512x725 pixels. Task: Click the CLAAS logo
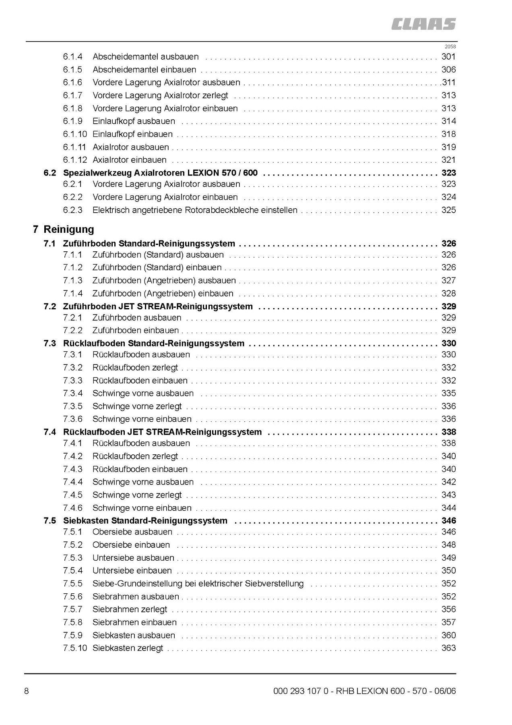coord(424,24)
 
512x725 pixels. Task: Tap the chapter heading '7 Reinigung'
coord(64,229)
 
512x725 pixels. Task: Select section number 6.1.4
coord(72,57)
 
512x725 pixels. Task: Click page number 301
coord(448,57)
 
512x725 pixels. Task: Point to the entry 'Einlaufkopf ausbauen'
coord(134,121)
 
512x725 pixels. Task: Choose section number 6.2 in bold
coord(50,173)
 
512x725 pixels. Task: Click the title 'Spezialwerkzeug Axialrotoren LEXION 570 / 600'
coord(160,173)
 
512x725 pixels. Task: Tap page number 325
coord(448,210)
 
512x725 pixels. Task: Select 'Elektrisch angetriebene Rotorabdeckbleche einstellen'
coord(195,210)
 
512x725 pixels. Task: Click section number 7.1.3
coord(72,280)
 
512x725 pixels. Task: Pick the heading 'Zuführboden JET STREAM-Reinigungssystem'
coord(158,307)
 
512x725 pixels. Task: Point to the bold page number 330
coord(448,343)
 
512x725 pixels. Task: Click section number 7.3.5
coord(72,406)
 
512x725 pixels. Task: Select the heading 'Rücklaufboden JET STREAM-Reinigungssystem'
coord(162,432)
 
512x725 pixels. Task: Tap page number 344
coord(448,508)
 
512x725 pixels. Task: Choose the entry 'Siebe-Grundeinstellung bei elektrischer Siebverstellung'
coord(198,584)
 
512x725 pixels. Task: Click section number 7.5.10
coord(75,648)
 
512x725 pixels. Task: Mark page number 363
coord(448,648)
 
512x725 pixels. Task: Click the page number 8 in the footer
coord(27,691)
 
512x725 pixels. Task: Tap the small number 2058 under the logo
coord(450,46)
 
